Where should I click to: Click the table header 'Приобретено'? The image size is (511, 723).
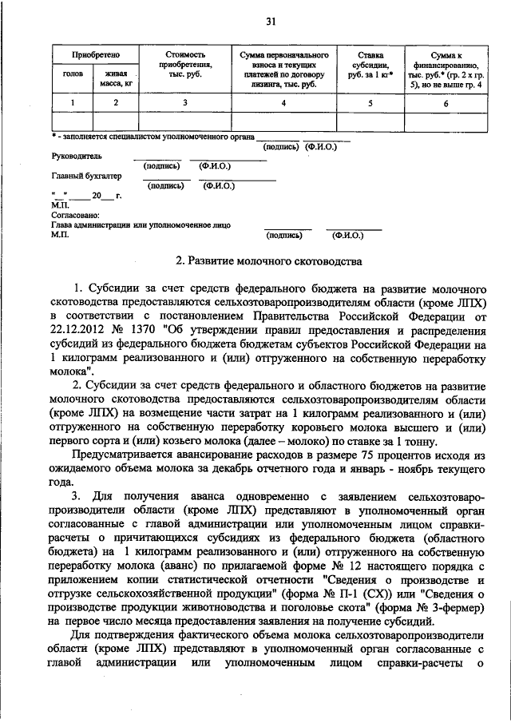(x=95, y=55)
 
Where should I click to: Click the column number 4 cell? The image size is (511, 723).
(x=283, y=102)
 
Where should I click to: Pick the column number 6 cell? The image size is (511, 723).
(x=446, y=102)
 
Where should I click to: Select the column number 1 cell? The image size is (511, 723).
(x=73, y=102)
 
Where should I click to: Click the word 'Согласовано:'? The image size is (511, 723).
(x=75, y=215)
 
